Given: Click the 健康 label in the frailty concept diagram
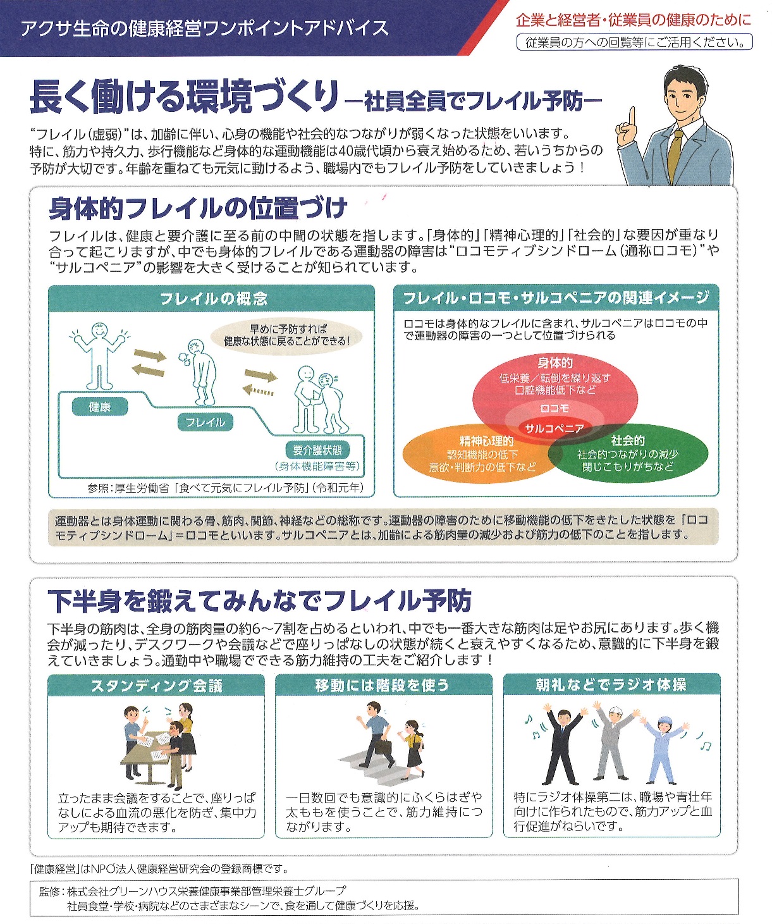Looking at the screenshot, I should pyautogui.click(x=100, y=407).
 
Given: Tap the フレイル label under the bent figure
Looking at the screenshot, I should pyautogui.click(x=205, y=422).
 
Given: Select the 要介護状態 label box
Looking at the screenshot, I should pyautogui.click(x=317, y=450).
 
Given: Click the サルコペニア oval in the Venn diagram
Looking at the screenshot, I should pyautogui.click(x=554, y=428).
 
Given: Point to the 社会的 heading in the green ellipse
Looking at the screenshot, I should pyautogui.click(x=627, y=441).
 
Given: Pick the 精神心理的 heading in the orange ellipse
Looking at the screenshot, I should pyautogui.click(x=486, y=441).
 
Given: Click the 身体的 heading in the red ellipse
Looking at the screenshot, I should pyautogui.click(x=555, y=362).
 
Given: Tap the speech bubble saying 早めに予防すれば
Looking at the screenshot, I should pyautogui.click(x=288, y=335).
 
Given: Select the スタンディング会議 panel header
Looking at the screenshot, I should pyautogui.click(x=156, y=686).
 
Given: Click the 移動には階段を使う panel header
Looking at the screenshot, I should pyautogui.click(x=383, y=686).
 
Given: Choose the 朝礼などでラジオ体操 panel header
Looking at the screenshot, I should pyautogui.click(x=611, y=685).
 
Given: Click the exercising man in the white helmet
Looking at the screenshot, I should pyautogui.click(x=611, y=743).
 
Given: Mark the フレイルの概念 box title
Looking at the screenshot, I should pyautogui.click(x=212, y=299).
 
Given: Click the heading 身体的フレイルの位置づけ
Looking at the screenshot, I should pyautogui.click(x=199, y=208).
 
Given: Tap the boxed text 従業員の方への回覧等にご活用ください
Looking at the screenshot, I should pyautogui.click(x=635, y=42).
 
